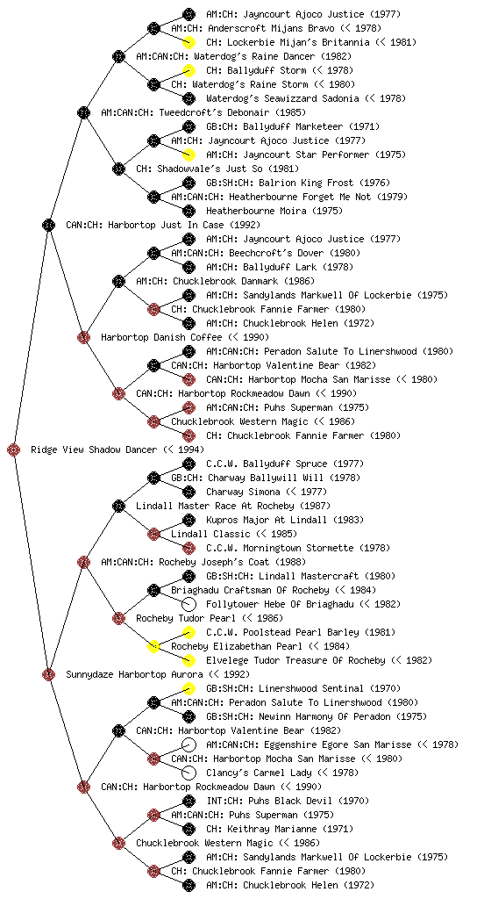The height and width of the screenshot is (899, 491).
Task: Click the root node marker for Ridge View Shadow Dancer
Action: click(x=14, y=450)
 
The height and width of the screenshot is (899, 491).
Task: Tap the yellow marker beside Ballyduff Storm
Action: click(x=189, y=70)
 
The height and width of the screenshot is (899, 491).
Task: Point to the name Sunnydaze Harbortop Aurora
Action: click(x=134, y=674)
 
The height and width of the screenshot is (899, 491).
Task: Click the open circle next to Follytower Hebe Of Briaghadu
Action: click(x=189, y=604)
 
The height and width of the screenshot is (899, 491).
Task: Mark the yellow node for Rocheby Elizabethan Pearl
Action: click(x=153, y=646)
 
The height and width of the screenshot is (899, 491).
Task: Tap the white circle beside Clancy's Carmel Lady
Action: click(x=189, y=773)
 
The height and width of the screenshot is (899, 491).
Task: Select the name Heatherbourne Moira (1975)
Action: click(x=274, y=211)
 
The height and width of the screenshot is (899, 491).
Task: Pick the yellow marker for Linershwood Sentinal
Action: click(x=189, y=688)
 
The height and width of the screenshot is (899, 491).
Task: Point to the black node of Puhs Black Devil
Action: click(x=189, y=801)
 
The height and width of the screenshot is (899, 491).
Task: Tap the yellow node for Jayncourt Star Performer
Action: click(x=189, y=155)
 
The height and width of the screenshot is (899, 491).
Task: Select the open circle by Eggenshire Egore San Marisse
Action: click(x=189, y=744)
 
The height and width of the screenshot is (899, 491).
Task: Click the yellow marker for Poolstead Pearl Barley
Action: click(x=189, y=632)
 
